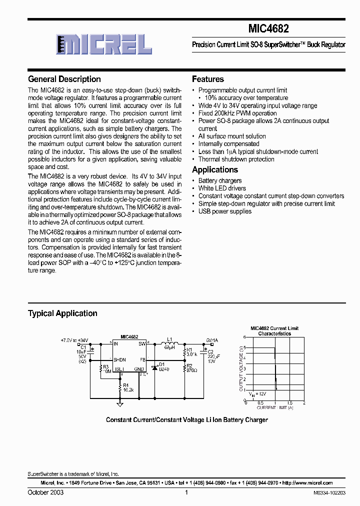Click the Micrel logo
click(x=103, y=44)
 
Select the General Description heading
click(x=64, y=79)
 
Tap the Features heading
click(x=208, y=79)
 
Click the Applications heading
click(x=215, y=169)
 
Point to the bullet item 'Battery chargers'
click(x=219, y=180)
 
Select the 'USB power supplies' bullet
click(x=224, y=211)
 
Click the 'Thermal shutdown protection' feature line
click(x=236, y=159)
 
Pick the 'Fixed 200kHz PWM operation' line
click(x=237, y=113)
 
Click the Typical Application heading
click(x=62, y=313)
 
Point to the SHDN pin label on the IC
click(x=119, y=359)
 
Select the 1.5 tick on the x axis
click(x=289, y=403)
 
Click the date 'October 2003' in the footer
click(x=45, y=492)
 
